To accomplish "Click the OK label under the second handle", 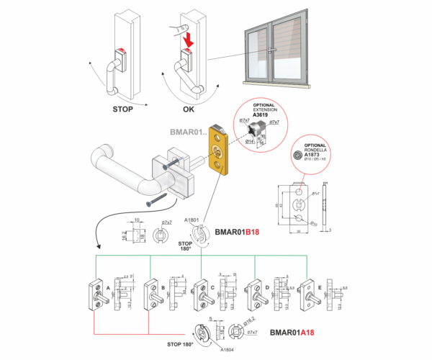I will click(189, 110).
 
